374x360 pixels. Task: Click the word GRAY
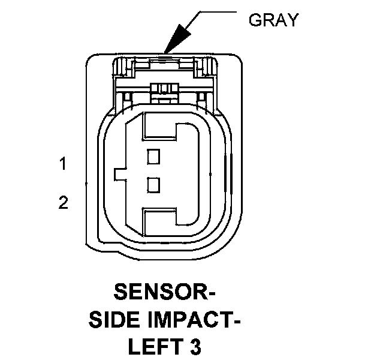273,20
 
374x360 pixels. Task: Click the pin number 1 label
63,163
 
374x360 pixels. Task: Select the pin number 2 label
63,203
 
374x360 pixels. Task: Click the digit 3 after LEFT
194,346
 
